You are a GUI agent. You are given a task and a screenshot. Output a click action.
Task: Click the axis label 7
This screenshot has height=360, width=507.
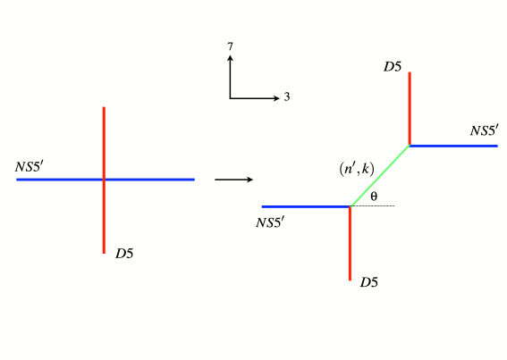pos(231,46)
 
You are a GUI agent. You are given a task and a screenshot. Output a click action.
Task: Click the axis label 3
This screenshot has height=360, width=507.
pos(287,96)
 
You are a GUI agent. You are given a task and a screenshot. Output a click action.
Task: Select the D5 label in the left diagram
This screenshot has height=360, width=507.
pos(124,254)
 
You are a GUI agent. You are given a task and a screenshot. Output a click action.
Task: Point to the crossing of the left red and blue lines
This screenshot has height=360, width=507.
pos(105,180)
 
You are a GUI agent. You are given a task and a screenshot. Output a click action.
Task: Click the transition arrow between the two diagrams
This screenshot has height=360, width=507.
pos(231,180)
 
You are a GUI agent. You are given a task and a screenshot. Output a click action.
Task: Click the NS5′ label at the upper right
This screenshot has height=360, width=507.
pos(484,131)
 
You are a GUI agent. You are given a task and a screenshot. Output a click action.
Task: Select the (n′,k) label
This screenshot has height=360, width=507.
pos(356,168)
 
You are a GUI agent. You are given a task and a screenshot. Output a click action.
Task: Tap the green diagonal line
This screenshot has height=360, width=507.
pos(380,175)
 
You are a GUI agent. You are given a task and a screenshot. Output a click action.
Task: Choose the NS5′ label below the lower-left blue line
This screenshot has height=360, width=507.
pos(270,220)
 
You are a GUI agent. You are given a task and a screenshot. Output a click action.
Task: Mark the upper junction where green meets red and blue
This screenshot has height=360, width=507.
pos(410,145)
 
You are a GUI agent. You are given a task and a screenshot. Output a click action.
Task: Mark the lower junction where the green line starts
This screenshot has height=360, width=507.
pos(350,206)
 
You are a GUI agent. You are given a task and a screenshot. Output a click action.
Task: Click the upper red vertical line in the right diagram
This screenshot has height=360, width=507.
pos(410,107)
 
